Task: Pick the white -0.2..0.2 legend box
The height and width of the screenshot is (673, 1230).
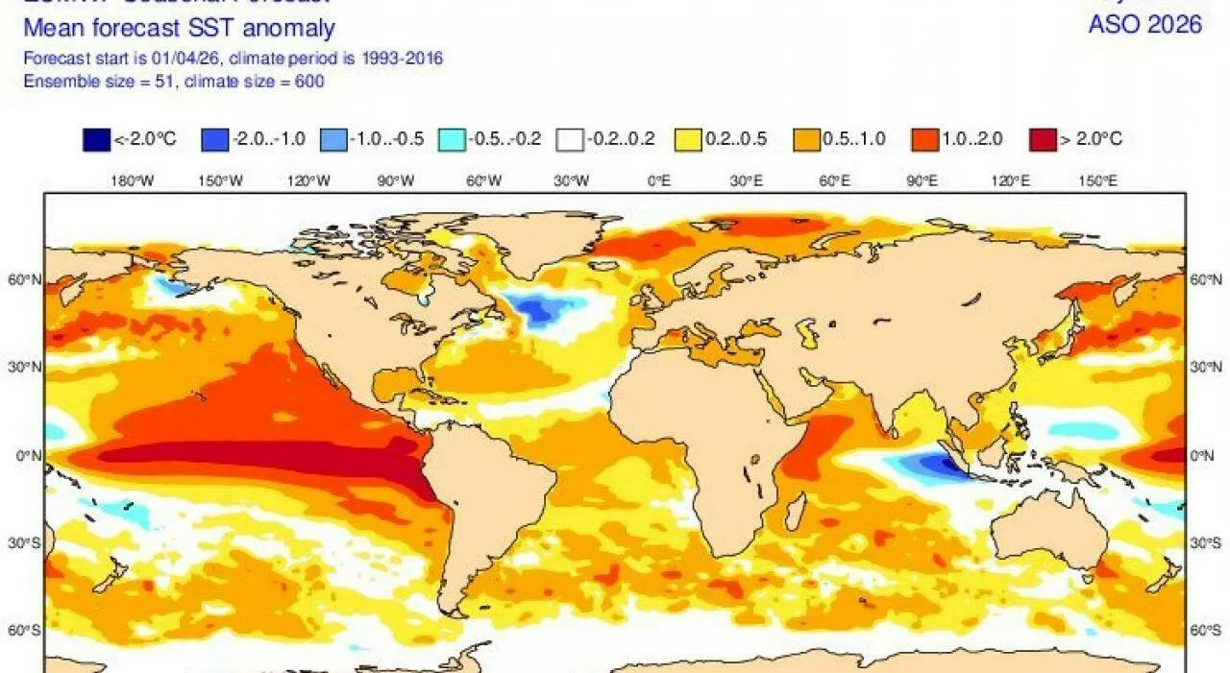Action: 570,139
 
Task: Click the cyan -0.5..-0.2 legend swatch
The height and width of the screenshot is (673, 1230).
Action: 452,139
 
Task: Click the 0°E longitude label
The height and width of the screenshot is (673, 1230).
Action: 658,180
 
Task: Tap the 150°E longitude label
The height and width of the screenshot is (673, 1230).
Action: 1096,180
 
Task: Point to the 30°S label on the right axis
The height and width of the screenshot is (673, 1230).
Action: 1206,542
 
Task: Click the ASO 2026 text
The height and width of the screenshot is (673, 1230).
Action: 1144,25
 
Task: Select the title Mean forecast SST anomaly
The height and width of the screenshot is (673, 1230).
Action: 179,28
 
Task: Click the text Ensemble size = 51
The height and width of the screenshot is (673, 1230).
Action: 96,82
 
